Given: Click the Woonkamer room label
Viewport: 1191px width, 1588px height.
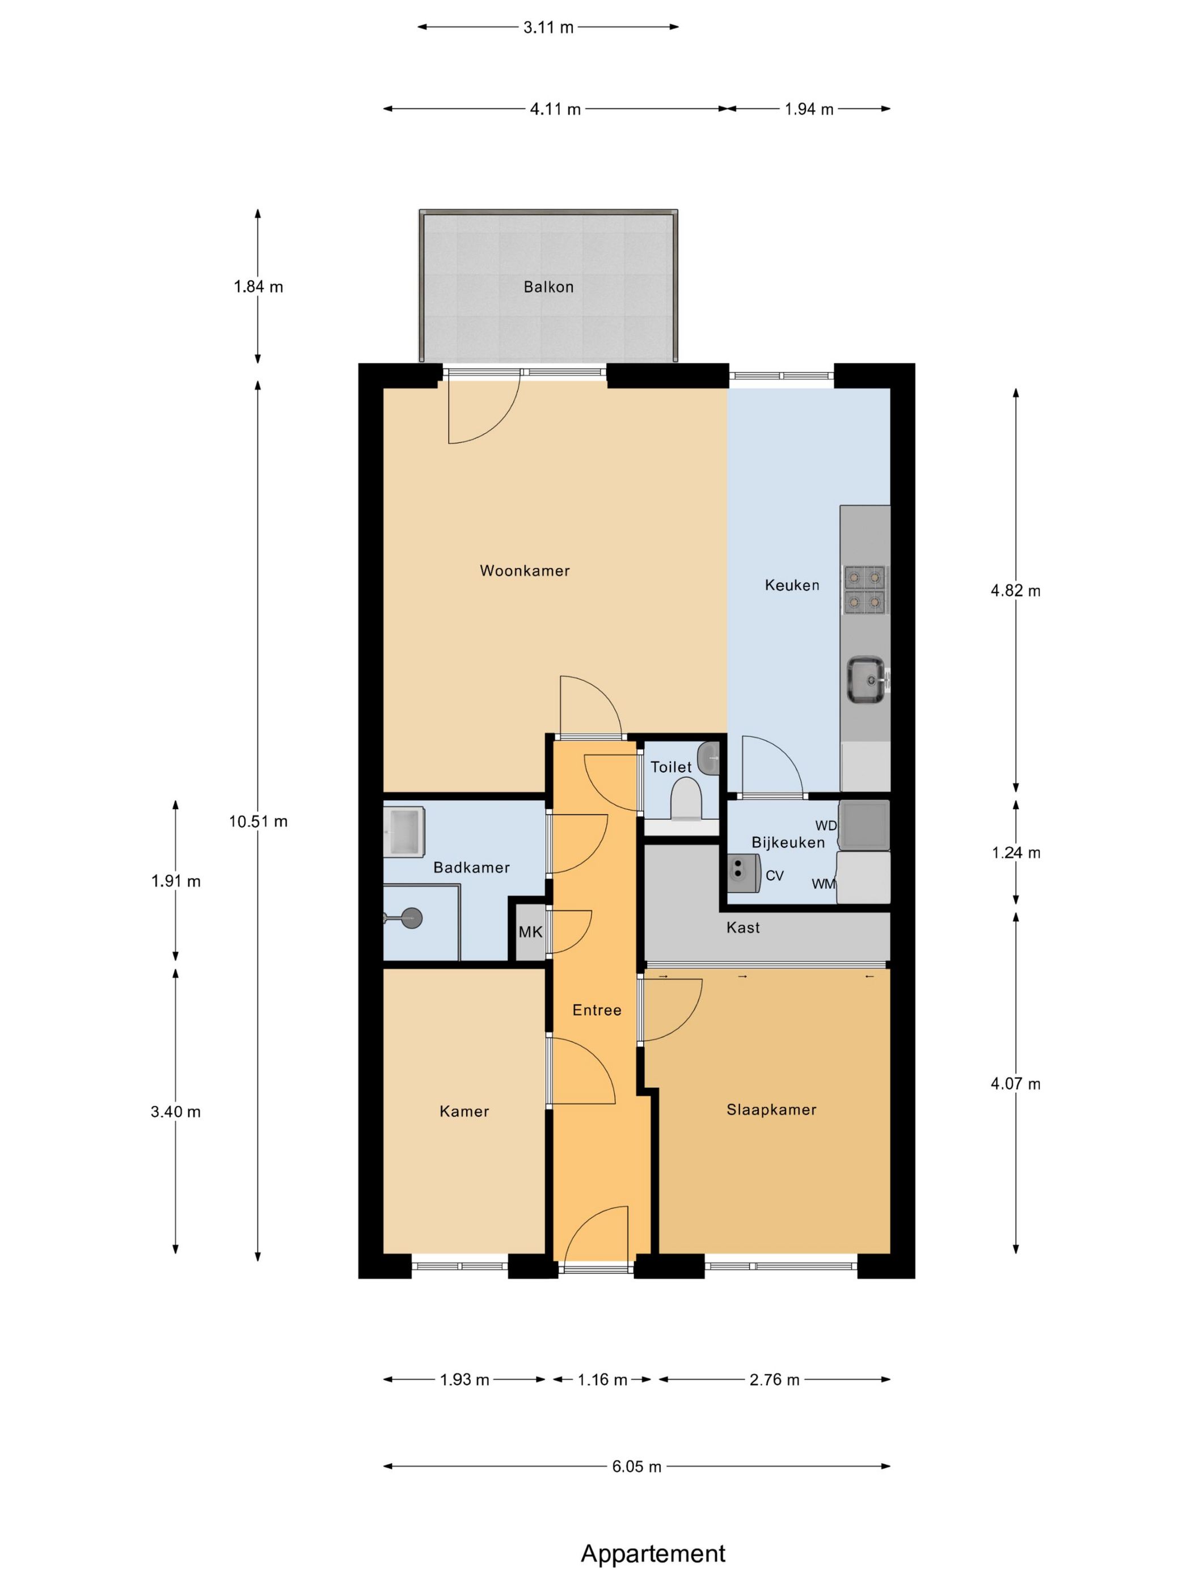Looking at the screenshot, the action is [525, 572].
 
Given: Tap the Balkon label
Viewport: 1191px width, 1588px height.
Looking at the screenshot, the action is [548, 287].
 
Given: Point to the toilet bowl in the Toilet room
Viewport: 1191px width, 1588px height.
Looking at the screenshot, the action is [686, 799].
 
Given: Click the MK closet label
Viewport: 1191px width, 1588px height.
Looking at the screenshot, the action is [530, 932].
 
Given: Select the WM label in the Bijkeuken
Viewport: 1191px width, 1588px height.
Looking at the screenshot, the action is [823, 884].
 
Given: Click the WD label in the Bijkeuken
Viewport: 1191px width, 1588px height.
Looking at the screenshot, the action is [826, 826].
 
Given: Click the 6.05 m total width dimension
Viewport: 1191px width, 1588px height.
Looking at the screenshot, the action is [637, 1467].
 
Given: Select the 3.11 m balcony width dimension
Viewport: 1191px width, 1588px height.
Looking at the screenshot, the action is [548, 27].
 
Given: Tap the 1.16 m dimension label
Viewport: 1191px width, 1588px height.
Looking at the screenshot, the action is [602, 1380].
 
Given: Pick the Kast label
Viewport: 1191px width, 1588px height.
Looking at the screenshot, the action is [743, 927].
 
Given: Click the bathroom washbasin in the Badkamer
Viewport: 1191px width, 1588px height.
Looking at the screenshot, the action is [404, 831].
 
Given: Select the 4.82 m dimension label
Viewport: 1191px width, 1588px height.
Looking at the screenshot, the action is [1015, 591].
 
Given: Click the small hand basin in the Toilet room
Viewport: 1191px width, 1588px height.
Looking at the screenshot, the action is [708, 758].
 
